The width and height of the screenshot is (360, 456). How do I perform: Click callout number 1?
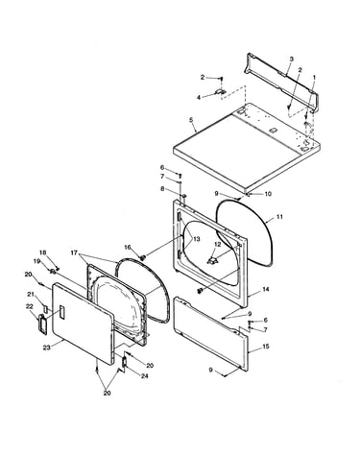tap(314, 77)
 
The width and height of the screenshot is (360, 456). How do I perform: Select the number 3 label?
tap(291, 59)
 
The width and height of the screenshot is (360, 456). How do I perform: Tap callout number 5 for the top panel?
tap(191, 120)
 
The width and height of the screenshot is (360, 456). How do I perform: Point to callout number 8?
tap(162, 189)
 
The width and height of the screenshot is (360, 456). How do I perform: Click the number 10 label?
tap(268, 194)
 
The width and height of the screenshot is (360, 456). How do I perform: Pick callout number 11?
tap(279, 217)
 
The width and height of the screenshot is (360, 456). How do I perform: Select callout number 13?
tap(196, 239)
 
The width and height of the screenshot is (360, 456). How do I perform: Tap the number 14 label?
tap(266, 289)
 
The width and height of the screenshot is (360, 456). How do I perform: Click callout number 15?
tap(266, 347)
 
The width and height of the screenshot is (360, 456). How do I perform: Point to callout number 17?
tap(74, 252)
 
